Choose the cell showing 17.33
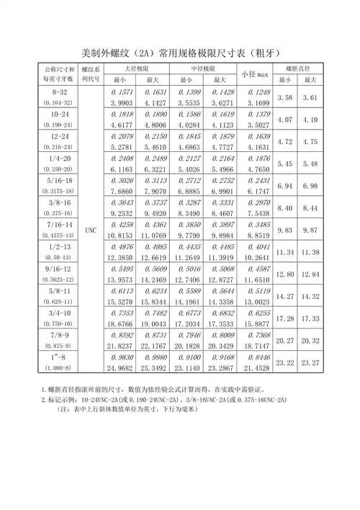point(311,318)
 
